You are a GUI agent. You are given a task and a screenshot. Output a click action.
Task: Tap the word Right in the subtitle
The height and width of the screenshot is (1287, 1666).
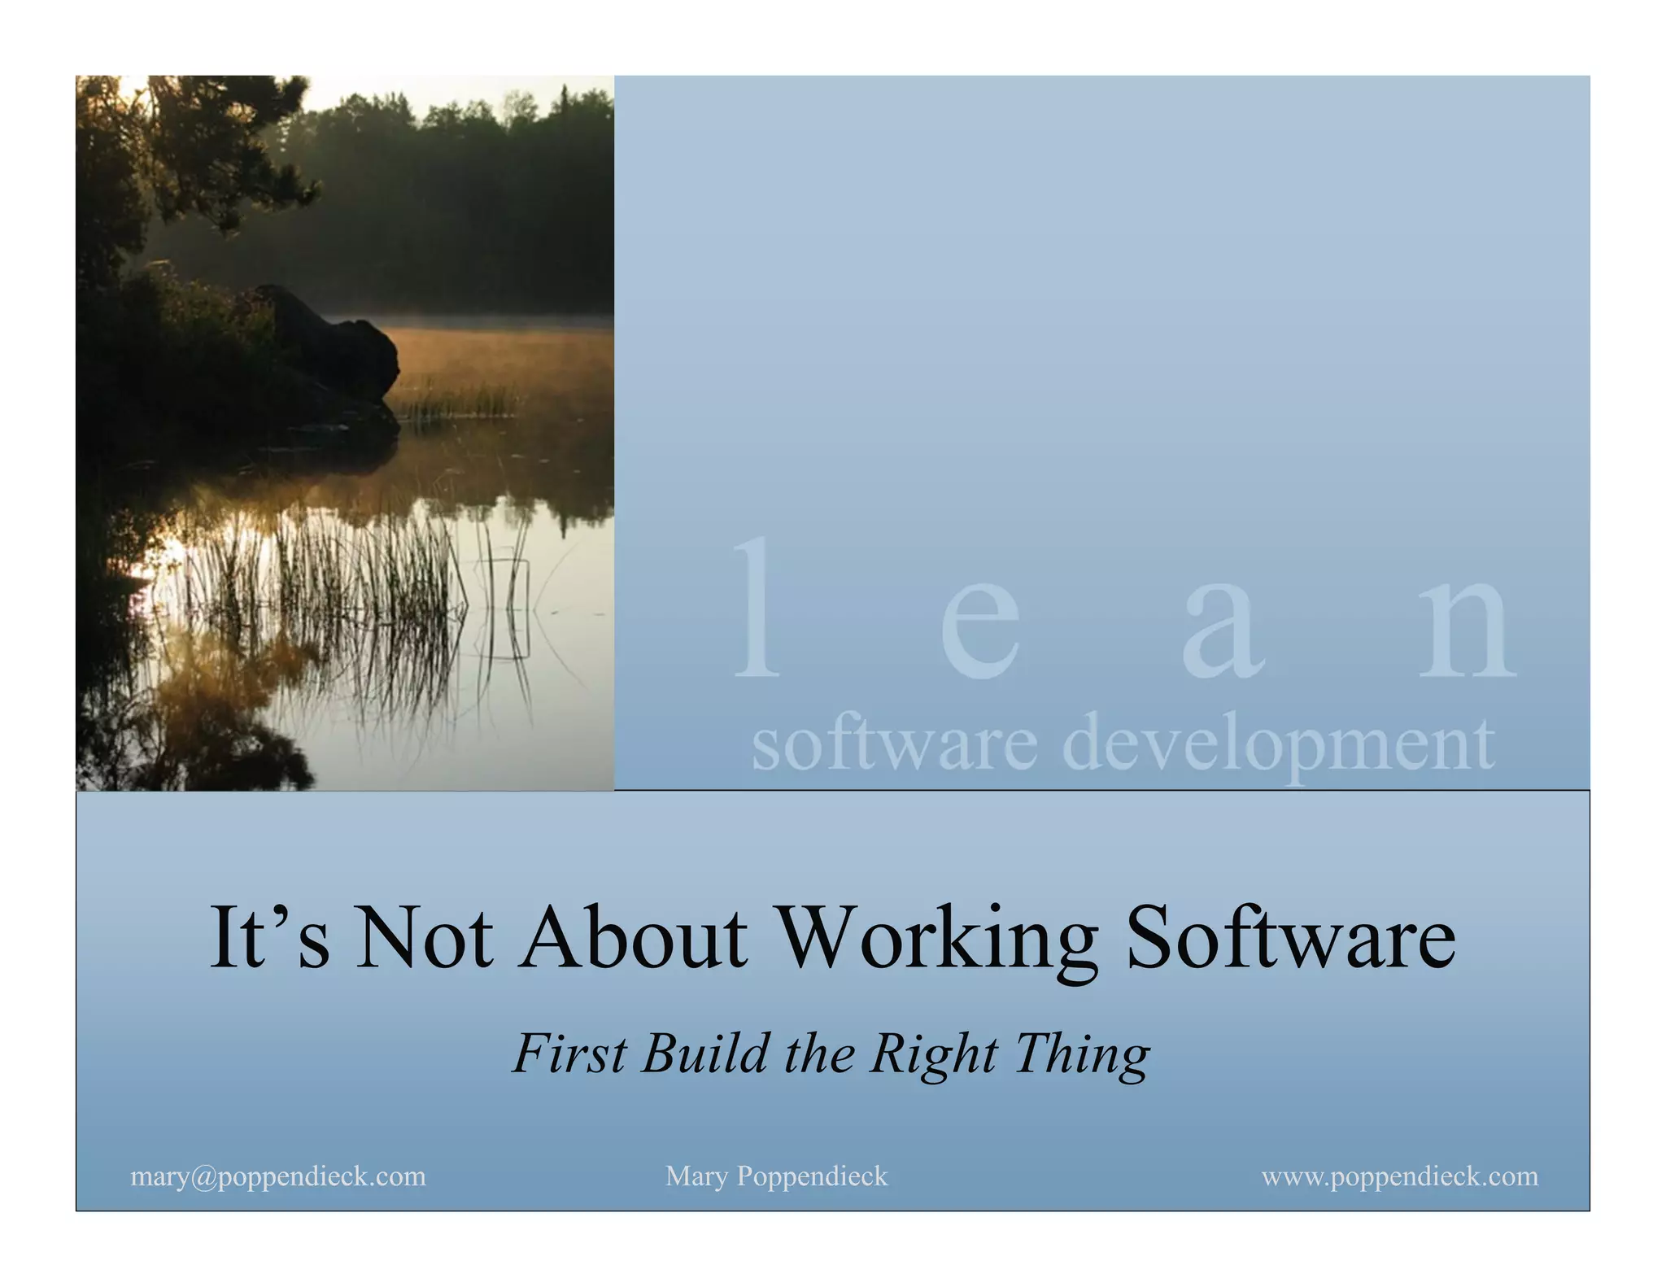click(933, 1056)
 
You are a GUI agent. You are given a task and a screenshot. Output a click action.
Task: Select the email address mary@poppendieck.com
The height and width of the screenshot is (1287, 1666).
click(278, 1176)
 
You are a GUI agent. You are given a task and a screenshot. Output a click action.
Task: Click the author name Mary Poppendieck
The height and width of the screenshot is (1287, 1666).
click(776, 1176)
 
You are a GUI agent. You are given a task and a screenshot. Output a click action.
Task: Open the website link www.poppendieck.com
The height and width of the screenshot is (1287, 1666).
click(1400, 1176)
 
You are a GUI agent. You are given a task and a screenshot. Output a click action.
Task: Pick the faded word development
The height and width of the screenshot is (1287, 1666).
click(1278, 744)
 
